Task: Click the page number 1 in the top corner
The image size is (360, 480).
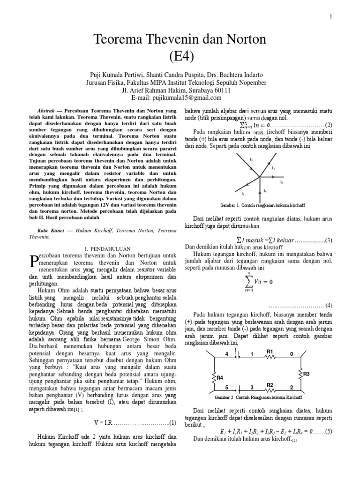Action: [330, 17]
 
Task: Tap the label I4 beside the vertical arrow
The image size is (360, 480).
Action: [265, 191]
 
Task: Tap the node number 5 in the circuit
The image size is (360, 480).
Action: [227, 387]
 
